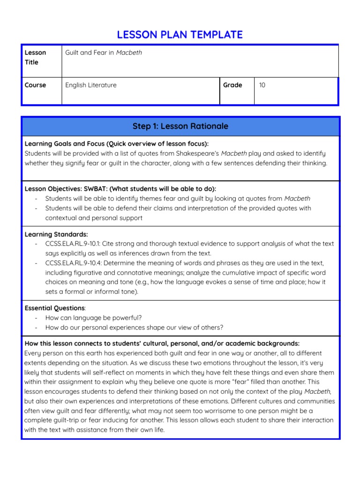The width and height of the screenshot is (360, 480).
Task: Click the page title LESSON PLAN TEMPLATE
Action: (x=180, y=34)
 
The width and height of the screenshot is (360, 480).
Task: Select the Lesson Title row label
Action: (x=35, y=57)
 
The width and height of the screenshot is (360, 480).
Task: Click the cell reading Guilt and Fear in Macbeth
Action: (x=104, y=52)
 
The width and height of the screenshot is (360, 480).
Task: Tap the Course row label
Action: (x=35, y=85)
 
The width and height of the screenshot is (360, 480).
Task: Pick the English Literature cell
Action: (x=91, y=85)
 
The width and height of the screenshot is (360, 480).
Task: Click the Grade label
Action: (x=232, y=85)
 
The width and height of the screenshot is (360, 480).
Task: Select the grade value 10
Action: (x=262, y=85)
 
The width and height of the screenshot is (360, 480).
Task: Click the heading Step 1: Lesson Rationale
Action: (x=180, y=126)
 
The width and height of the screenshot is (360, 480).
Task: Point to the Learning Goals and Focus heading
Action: (x=116, y=143)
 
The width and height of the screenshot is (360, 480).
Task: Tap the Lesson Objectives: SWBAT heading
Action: (x=120, y=188)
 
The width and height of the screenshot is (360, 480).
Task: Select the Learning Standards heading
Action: (x=56, y=234)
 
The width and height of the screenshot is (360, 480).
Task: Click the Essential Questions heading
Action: (x=55, y=308)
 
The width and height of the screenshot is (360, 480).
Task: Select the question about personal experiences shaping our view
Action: (x=134, y=327)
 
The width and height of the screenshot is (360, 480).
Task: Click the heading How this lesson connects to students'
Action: (x=162, y=343)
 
